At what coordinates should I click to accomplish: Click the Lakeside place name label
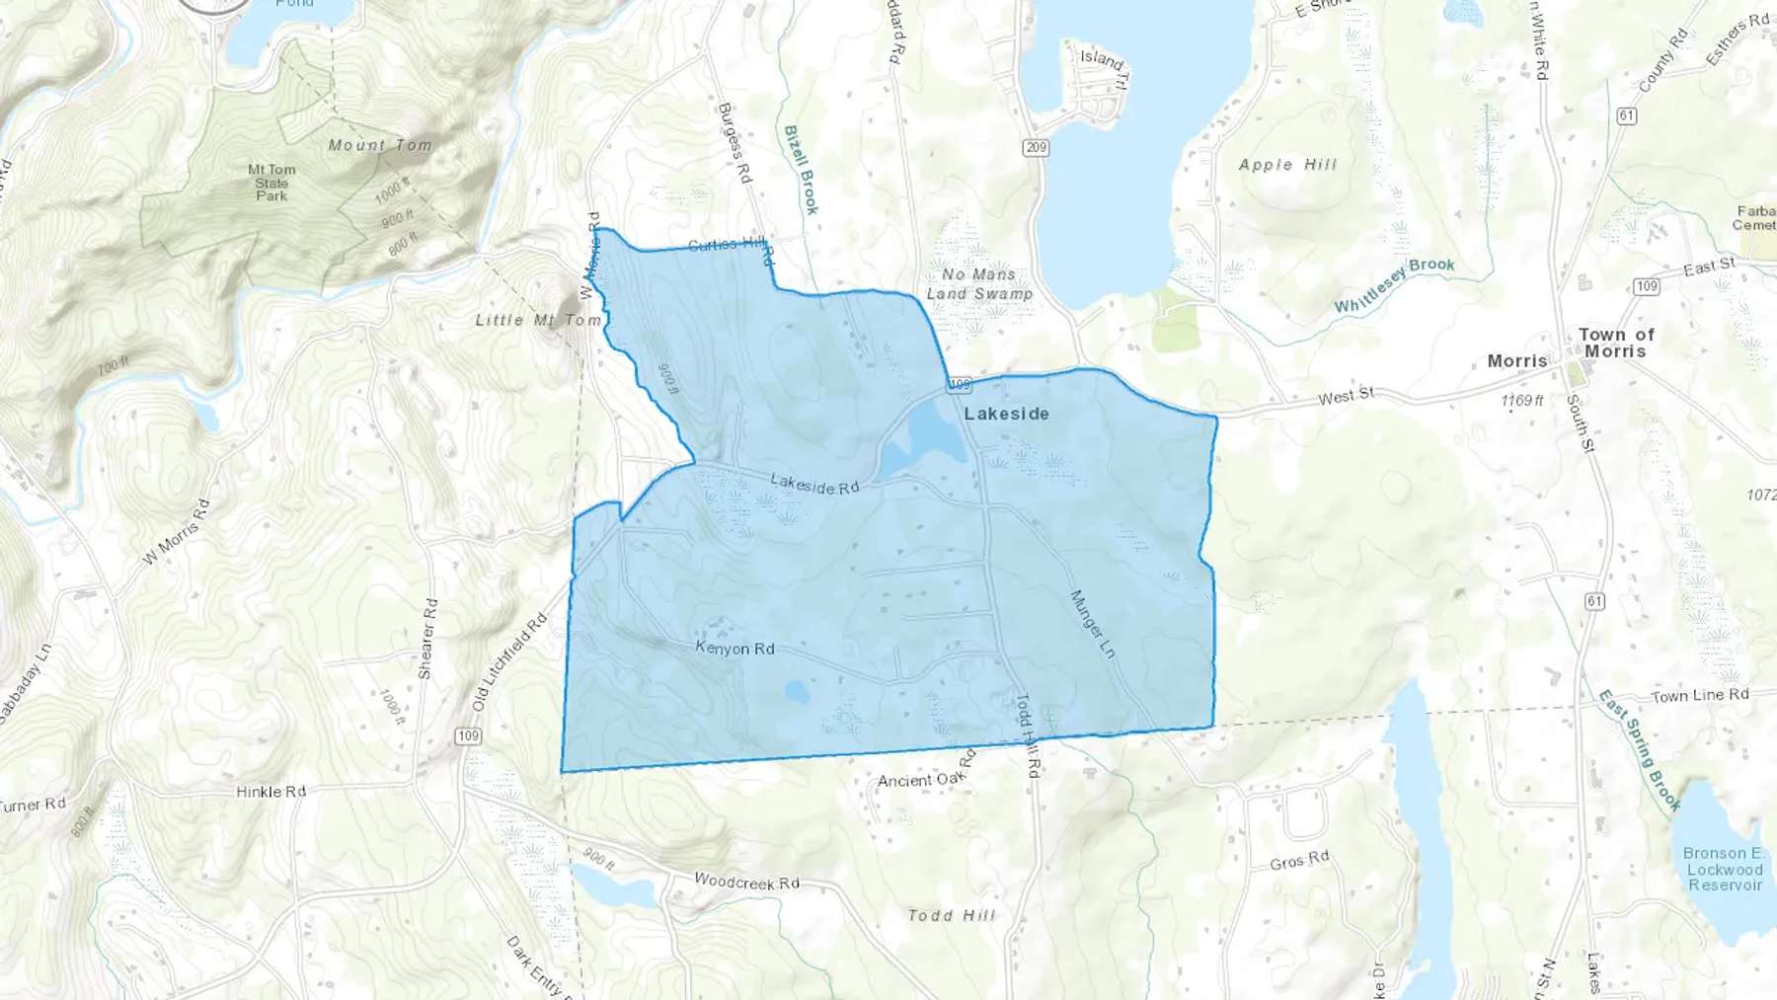coord(1006,414)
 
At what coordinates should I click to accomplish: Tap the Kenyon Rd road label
coord(734,649)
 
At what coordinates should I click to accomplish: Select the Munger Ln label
coord(1093,625)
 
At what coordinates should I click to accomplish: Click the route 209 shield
coord(1036,148)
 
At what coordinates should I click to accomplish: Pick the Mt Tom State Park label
coord(271,183)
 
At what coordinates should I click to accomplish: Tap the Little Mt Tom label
coord(538,320)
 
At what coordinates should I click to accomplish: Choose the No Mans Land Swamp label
coord(979,284)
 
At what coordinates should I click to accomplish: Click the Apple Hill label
coord(1287,165)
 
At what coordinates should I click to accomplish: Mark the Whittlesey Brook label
coord(1394,284)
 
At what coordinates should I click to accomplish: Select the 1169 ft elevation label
coord(1521,400)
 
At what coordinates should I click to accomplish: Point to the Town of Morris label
coord(1616,343)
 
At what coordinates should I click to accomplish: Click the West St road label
coord(1346,396)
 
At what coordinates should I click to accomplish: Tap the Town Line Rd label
coord(1699,696)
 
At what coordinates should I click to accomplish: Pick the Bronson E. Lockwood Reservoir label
coord(1724,869)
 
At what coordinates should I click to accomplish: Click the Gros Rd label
coord(1299,861)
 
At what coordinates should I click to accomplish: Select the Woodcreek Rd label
coord(746,882)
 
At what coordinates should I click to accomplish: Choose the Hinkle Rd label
coord(270,792)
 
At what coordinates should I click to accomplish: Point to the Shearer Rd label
coord(427,638)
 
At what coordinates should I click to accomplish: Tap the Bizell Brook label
coord(801,169)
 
